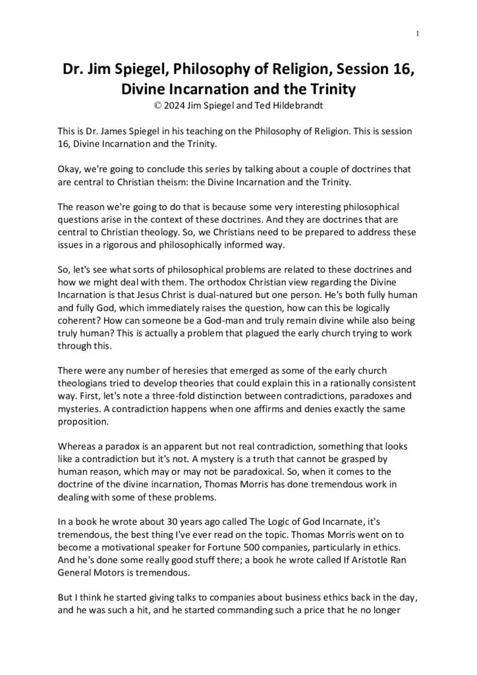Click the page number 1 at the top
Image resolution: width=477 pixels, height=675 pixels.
pyautogui.click(x=418, y=34)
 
